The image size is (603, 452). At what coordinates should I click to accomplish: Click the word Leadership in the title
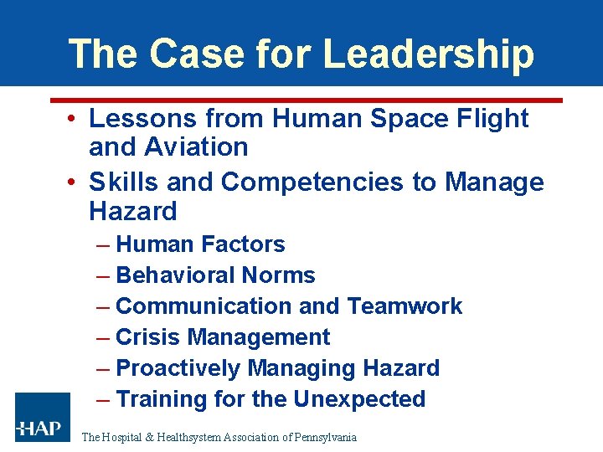click(x=428, y=54)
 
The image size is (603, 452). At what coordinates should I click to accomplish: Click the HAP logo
click(x=42, y=416)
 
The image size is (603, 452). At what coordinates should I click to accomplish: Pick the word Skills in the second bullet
click(x=123, y=182)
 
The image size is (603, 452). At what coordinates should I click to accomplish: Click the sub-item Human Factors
click(x=200, y=244)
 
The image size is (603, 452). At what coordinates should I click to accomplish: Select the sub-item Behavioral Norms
click(x=215, y=275)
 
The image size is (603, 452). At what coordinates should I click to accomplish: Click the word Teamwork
click(x=405, y=306)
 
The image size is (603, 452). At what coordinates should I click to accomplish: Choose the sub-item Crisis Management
click(x=223, y=337)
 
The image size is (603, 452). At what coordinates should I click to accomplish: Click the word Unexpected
click(x=360, y=399)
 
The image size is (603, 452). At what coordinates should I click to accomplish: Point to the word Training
click(x=162, y=399)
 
